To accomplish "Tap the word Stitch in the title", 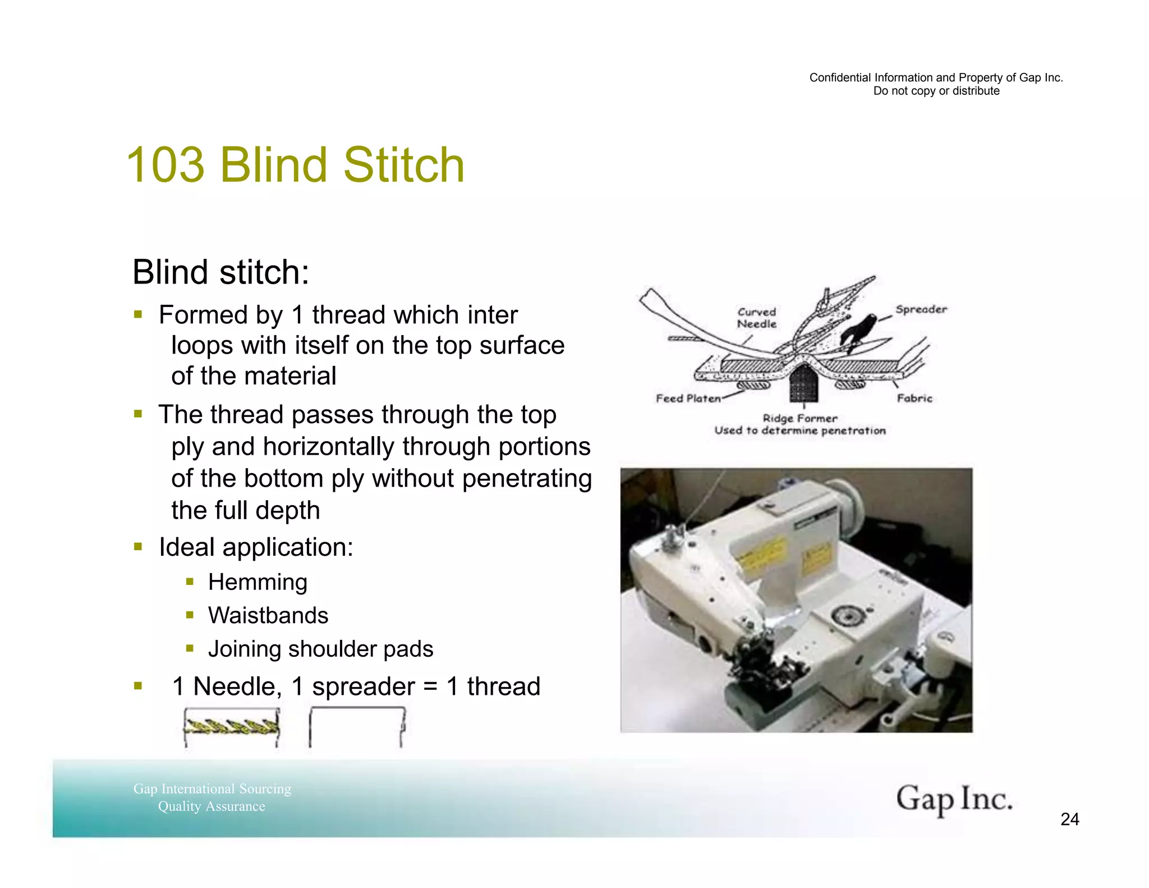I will pos(403,165).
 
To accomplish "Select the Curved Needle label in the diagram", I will pos(757,318).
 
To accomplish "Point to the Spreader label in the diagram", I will pos(921,309).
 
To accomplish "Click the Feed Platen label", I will pos(688,399).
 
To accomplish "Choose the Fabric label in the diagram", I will pos(914,399).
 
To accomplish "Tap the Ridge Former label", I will pos(799,418).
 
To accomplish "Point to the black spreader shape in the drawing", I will pos(857,331).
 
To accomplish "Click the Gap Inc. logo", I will pos(954,799).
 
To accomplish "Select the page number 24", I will pos(1069,820).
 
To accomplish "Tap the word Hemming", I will pos(258,583).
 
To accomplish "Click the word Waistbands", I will pos(268,616).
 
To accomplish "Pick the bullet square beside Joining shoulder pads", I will pos(190,649).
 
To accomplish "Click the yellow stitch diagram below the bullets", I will pos(232,727).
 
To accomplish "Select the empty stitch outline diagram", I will pos(357,727).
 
